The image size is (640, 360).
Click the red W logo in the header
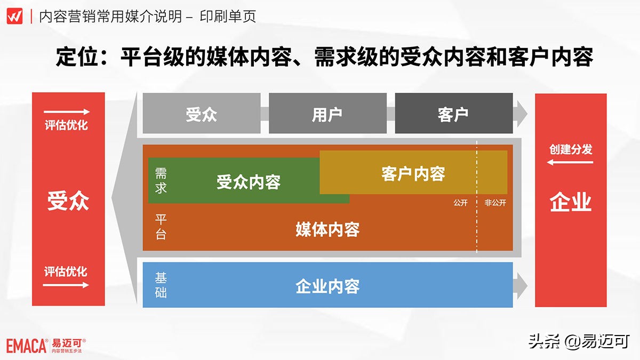pos(14,16)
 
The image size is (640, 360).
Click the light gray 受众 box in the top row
pos(202,114)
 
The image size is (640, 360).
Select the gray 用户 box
pos(327,114)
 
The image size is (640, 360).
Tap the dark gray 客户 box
pos(453,114)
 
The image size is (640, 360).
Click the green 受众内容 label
pos(249,182)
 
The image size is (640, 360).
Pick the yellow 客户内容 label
pos(413,173)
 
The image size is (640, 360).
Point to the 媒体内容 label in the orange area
pos(327,229)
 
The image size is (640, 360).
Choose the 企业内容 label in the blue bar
pos(327,286)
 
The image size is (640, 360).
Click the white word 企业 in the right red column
pos(571,203)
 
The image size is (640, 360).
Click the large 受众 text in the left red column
pos(68,201)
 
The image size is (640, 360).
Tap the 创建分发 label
pos(571,149)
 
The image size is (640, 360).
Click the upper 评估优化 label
pos(66,126)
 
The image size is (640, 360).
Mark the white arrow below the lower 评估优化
pos(66,285)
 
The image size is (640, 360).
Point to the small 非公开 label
pos(495,203)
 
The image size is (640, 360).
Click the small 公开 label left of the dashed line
pos(461,203)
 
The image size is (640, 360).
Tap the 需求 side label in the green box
pos(161,180)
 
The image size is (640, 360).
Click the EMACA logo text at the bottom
pos(27,346)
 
